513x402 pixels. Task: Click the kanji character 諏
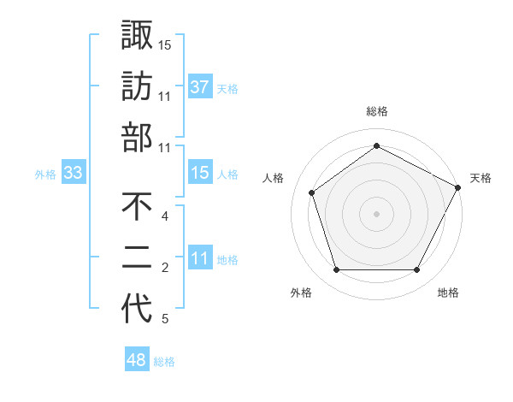point(137,35)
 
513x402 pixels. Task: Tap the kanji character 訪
point(137,86)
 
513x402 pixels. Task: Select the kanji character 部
point(137,138)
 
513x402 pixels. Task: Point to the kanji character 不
point(137,207)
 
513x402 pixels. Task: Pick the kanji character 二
point(137,258)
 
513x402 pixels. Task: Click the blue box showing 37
point(199,86)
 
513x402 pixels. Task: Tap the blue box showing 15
point(199,173)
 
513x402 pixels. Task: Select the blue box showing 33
point(74,173)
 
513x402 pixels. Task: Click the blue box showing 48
point(137,360)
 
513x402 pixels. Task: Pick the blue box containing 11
point(199,258)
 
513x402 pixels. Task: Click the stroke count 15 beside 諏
point(165,44)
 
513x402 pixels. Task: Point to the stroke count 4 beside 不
point(164,216)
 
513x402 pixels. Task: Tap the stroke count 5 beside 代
point(164,319)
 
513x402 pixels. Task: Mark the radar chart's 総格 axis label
point(377,112)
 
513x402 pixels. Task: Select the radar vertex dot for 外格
point(336,270)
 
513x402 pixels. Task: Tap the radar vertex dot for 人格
point(312,192)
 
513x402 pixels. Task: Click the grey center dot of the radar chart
point(377,213)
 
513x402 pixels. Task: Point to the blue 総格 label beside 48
point(164,362)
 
